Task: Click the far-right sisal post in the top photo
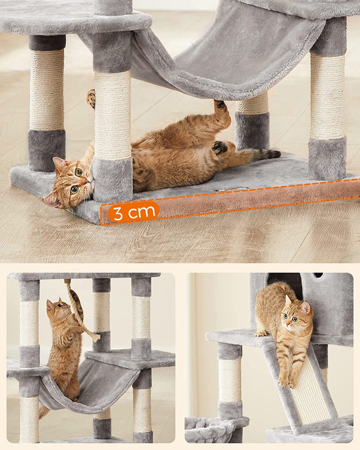click(x=328, y=96)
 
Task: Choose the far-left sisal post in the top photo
click(x=47, y=90)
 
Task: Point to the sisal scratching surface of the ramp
click(x=311, y=393)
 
